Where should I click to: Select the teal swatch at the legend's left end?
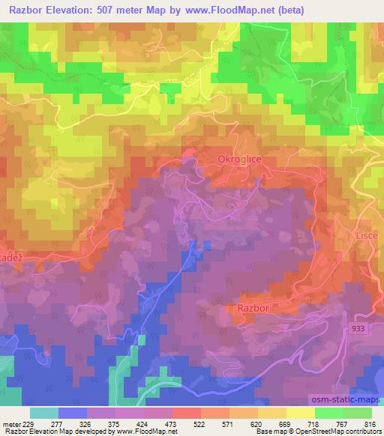tap(44, 413)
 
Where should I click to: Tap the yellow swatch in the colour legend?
tap(300, 413)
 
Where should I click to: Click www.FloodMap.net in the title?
tap(235, 9)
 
